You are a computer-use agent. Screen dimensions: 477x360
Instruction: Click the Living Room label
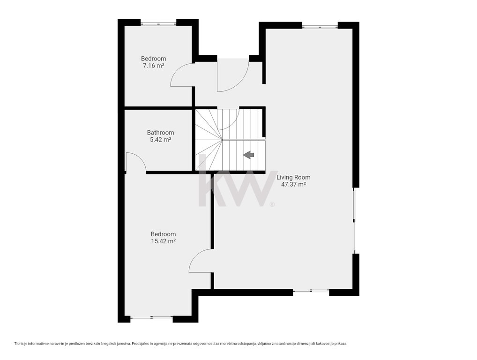pyautogui.click(x=293, y=177)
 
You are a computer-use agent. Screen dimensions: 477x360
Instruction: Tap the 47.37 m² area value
pyautogui.click(x=293, y=184)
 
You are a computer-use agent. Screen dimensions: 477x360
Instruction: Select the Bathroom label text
pyautogui.click(x=160, y=133)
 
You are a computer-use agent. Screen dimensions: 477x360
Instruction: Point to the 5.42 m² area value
pyautogui.click(x=160, y=140)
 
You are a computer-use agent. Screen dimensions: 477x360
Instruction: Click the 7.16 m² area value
pyautogui.click(x=154, y=66)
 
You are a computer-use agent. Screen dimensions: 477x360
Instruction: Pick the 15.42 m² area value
pyautogui.click(x=164, y=241)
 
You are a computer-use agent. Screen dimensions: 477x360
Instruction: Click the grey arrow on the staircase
pyautogui.click(x=248, y=155)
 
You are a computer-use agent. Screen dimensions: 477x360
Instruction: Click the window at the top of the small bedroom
pyautogui.click(x=158, y=23)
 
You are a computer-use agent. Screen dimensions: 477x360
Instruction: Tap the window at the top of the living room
pyautogui.click(x=320, y=26)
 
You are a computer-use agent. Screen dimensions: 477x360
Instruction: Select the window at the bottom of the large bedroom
pyautogui.click(x=151, y=318)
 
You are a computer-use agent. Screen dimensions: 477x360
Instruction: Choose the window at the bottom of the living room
pyautogui.click(x=311, y=291)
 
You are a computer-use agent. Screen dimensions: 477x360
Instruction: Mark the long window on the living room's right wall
pyautogui.click(x=354, y=220)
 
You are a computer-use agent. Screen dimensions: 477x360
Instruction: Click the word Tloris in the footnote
pyautogui.click(x=19, y=344)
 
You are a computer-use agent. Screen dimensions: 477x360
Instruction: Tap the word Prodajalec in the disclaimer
pyautogui.click(x=140, y=344)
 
